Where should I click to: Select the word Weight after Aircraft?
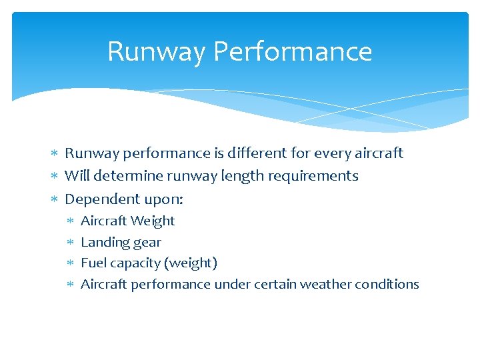[153, 221]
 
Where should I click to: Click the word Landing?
[103, 242]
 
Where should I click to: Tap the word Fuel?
[93, 263]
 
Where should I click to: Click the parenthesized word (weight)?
[193, 263]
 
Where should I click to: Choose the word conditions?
[387, 284]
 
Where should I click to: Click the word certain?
[275, 284]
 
